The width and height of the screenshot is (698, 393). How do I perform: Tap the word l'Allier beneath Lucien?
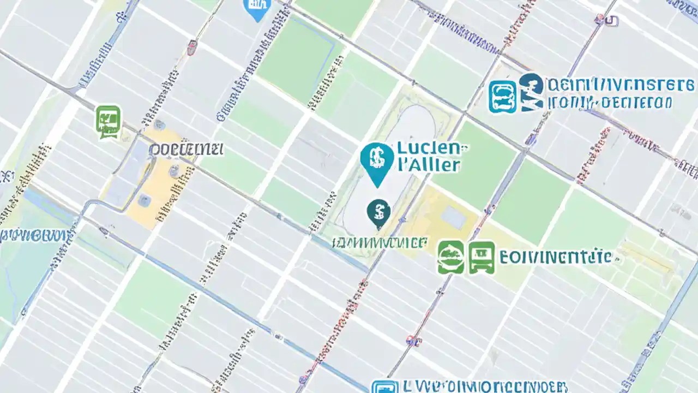(429, 165)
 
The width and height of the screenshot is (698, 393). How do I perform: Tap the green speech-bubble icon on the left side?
(108, 121)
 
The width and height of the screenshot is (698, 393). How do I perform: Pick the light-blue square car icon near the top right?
(502, 97)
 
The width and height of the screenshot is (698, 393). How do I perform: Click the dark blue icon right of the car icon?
(531, 93)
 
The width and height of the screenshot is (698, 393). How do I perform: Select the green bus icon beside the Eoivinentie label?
(482, 257)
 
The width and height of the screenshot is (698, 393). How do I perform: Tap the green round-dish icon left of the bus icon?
(451, 257)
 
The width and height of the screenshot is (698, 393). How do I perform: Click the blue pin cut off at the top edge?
(258, 9)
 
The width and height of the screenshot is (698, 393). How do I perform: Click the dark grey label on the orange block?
(186, 149)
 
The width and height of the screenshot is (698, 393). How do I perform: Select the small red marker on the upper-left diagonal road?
(191, 47)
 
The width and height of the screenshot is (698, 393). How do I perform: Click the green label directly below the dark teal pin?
(380, 242)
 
